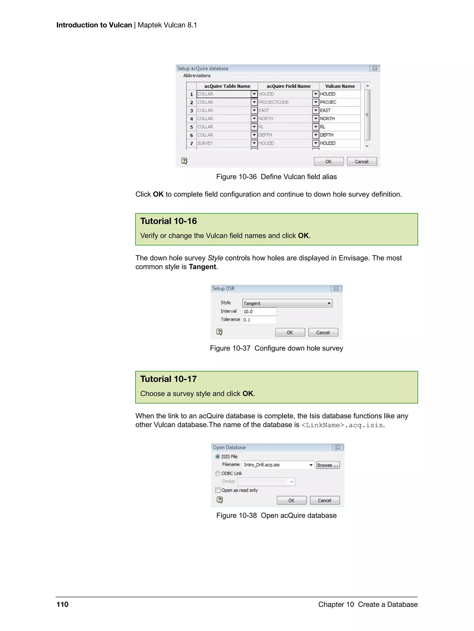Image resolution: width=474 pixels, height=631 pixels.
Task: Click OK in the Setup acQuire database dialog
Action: [x=328, y=162]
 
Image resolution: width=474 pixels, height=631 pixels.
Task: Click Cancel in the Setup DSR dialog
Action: [x=323, y=332]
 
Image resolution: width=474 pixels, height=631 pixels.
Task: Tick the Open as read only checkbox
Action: [x=218, y=490]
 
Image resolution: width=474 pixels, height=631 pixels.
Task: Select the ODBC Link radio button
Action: [x=218, y=473]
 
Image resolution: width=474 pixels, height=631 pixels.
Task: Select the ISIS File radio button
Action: [x=218, y=456]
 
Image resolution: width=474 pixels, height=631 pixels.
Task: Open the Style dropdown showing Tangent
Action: [x=287, y=303]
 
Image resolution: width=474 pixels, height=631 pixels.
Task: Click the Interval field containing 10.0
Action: [x=259, y=312]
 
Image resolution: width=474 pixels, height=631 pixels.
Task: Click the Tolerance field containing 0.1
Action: [x=259, y=320]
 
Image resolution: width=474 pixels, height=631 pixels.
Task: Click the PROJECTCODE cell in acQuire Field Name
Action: [x=284, y=102]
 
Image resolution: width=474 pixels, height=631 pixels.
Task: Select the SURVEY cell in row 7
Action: [x=223, y=143]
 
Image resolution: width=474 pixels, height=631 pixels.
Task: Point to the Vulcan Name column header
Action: [x=340, y=86]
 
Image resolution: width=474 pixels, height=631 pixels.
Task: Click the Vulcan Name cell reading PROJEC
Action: [x=339, y=102]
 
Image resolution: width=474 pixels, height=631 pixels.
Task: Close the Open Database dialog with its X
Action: [x=337, y=447]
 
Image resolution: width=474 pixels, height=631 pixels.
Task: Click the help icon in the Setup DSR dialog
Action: [x=219, y=332]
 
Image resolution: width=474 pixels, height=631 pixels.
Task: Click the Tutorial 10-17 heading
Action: [x=168, y=379]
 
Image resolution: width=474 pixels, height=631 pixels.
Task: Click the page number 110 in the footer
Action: [x=62, y=604]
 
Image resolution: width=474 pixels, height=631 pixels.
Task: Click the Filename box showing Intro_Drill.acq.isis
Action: [x=275, y=465]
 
